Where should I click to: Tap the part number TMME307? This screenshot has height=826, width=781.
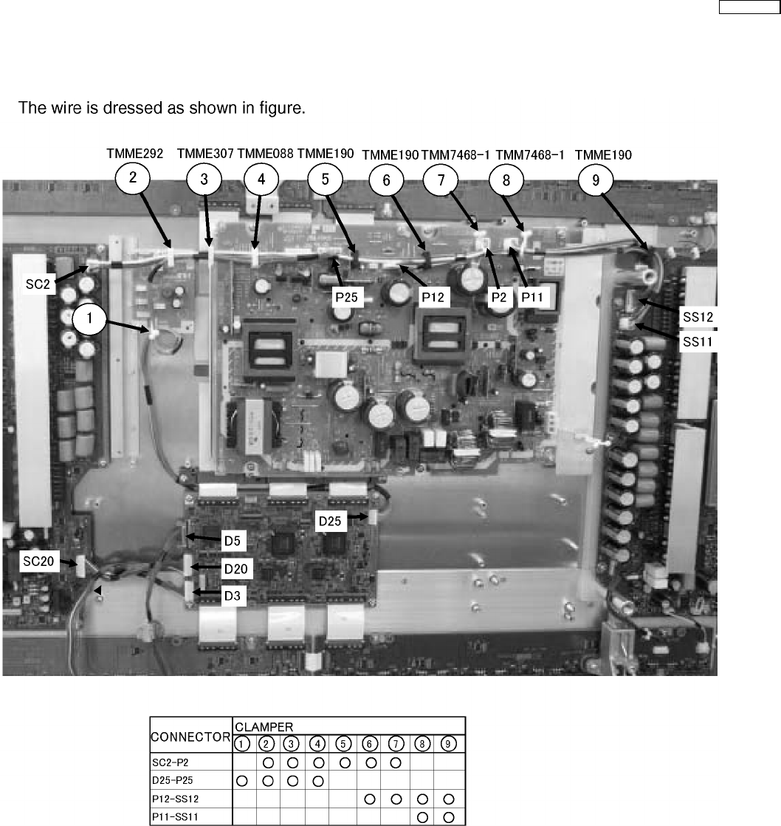[x=205, y=154]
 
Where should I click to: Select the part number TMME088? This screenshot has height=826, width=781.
[x=265, y=154]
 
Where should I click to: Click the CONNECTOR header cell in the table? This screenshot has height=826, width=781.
[x=190, y=736]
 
